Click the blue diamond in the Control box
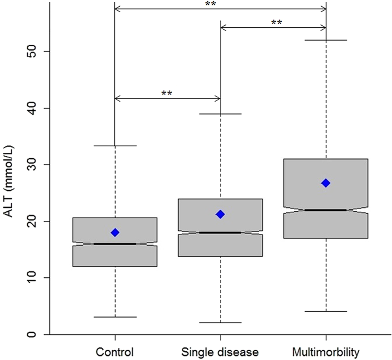click(x=115, y=232)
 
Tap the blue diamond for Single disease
click(x=220, y=214)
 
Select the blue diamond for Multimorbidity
click(x=326, y=183)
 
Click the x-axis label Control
click(x=114, y=351)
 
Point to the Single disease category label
click(x=220, y=351)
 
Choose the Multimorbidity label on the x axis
click(x=326, y=351)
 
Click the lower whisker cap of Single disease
click(x=220, y=322)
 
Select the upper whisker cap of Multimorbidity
click(x=326, y=40)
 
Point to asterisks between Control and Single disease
click(x=167, y=93)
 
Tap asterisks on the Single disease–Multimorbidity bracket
click(x=277, y=23)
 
